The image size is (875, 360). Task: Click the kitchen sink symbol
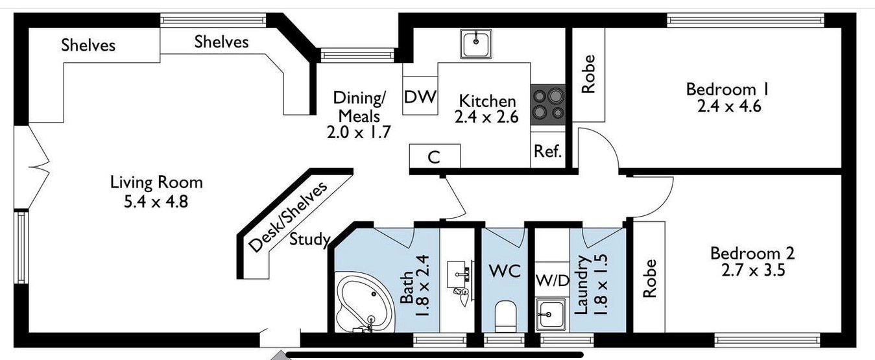477,43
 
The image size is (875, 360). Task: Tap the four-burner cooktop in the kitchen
548,105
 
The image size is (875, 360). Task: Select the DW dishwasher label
420,97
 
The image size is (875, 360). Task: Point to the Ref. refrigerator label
547,151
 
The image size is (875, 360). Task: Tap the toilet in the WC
504,317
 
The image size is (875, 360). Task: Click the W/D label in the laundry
551,281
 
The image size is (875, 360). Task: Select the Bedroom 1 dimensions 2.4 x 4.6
728,106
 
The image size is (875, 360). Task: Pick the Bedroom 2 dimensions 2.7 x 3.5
751,270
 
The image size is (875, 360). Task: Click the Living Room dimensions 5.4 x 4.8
156,201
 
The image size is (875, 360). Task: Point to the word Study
310,239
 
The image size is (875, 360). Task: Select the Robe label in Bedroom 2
649,279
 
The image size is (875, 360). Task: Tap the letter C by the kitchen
435,157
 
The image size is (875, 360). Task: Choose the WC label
505,271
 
